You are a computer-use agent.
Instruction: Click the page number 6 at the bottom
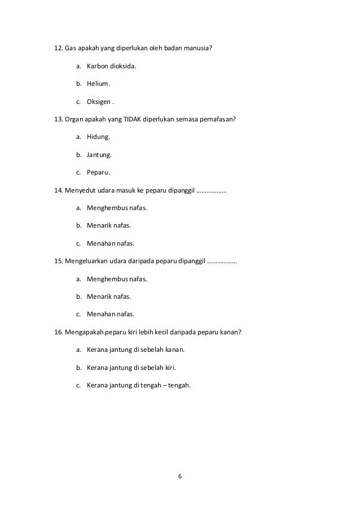180,476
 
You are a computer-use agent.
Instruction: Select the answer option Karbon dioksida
111,67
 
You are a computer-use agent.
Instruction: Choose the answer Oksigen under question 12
99,102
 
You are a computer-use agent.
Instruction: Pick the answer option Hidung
98,137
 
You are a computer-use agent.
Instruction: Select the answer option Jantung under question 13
99,155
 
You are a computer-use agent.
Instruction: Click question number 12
58,49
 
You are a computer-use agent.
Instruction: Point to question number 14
58,190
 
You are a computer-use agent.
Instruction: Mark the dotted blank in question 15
222,261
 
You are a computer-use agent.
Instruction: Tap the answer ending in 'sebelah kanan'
135,350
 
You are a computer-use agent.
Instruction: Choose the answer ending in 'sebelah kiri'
131,368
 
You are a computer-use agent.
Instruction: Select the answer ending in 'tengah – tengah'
139,386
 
